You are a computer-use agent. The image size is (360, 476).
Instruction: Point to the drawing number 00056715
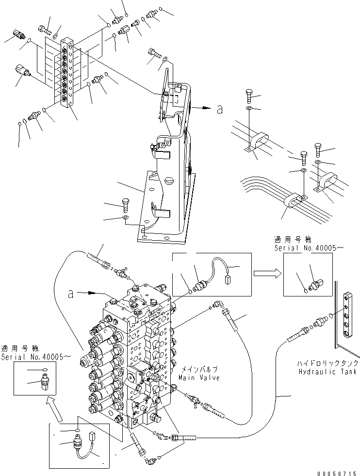pos(336,472)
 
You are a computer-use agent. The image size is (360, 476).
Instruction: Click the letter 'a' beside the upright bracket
pos(220,110)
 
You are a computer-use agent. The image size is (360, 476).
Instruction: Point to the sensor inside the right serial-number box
pos(316,284)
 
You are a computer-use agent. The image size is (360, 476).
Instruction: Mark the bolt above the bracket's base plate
pos(124,204)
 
